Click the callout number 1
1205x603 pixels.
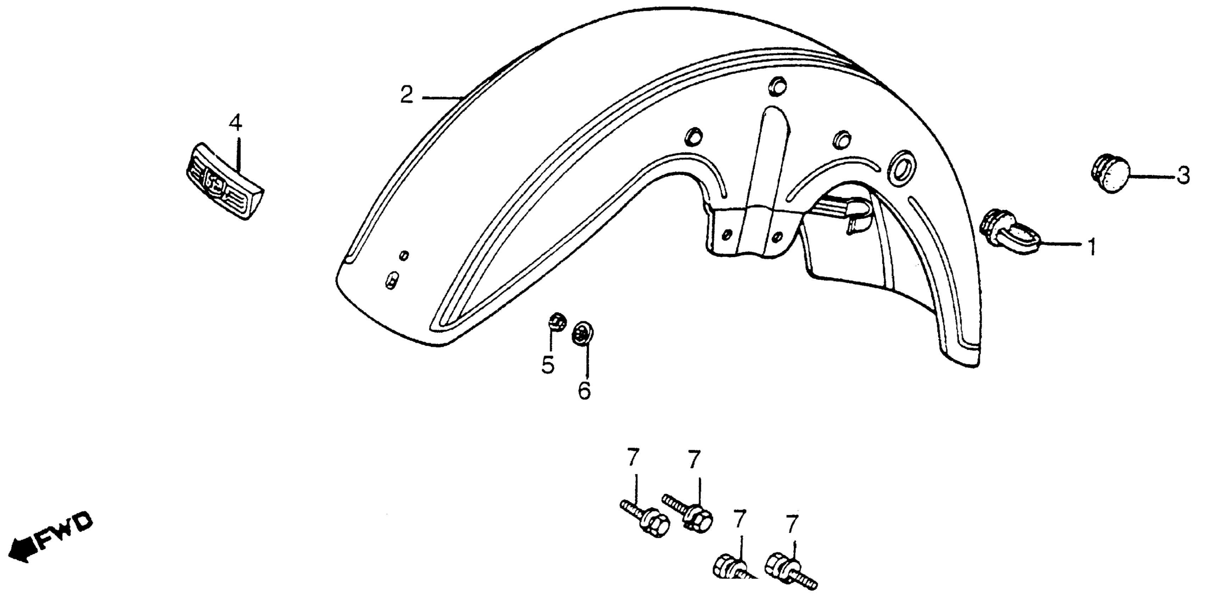pyautogui.click(x=1091, y=247)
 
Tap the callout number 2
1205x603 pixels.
pyautogui.click(x=407, y=95)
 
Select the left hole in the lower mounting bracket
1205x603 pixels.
pyautogui.click(x=726, y=233)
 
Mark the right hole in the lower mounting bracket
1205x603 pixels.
pyautogui.click(x=777, y=234)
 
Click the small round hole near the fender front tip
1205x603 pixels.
pyautogui.click(x=404, y=255)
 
